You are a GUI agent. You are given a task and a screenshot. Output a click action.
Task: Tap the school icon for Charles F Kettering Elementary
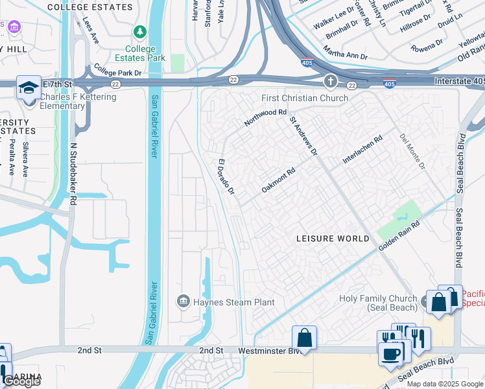pos(29,88)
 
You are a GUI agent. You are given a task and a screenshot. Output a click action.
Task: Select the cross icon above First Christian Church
pos(331,82)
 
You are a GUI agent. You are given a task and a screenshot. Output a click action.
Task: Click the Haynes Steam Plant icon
pos(183,301)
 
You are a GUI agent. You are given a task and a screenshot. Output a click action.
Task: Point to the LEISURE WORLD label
pos(333,239)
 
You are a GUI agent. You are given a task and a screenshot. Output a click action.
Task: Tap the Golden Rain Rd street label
pos(399,234)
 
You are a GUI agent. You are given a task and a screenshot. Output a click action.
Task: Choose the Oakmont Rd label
pos(278,180)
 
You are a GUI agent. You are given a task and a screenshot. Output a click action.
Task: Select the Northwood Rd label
pos(265,117)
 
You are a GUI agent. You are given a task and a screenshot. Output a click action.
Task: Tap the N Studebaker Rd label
pos(73,175)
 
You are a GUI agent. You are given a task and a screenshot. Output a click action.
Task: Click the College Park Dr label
pos(117,69)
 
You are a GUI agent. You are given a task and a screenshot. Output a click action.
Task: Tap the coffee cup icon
pos(391,354)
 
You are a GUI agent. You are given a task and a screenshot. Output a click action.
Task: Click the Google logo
pos(21,381)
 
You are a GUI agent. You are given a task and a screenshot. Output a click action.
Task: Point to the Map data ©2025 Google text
pos(445,384)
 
